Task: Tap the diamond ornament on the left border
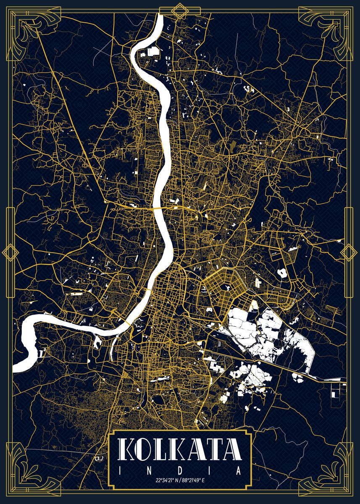point(10,252)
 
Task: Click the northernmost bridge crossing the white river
point(158,207)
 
